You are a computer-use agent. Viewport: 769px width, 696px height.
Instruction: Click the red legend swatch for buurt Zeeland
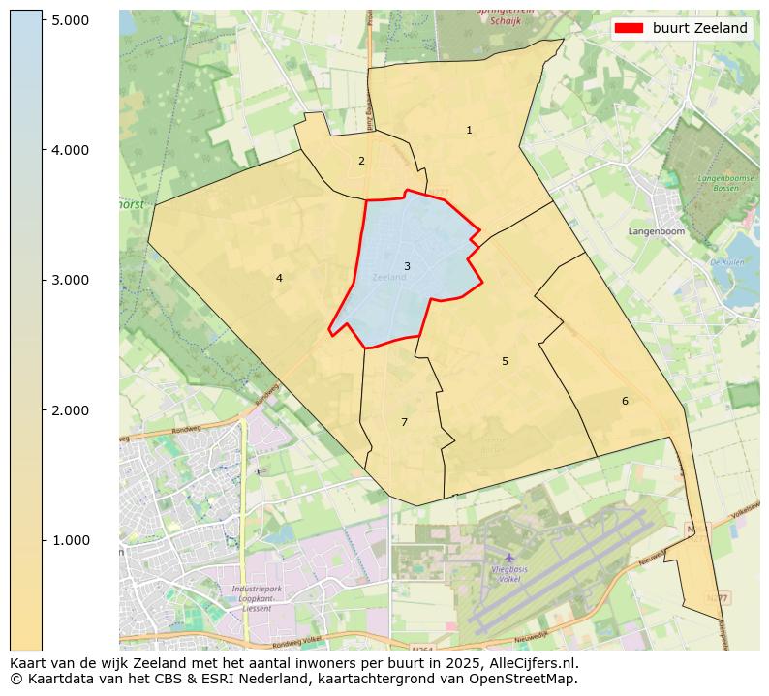pos(630,28)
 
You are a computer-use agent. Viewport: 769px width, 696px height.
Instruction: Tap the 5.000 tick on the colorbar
pos(70,20)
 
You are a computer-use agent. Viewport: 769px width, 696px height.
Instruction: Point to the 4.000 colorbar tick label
pos(70,150)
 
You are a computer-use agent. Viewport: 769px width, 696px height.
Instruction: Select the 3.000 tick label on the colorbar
pos(70,280)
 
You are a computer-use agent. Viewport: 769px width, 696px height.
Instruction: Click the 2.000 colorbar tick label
pos(70,410)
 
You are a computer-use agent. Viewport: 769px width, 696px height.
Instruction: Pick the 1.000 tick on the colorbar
pos(70,540)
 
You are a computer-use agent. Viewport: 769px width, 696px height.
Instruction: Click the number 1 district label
pos(469,130)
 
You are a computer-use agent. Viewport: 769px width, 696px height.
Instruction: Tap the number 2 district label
pos(361,161)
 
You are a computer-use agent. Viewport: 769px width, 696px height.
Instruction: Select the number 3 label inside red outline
pos(407,266)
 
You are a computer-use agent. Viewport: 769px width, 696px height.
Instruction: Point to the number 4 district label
pos(279,278)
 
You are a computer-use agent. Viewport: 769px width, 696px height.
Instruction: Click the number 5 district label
pos(505,361)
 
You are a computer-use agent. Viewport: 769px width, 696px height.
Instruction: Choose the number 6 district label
pos(625,401)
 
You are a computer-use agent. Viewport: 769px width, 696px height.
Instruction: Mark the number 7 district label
pos(404,422)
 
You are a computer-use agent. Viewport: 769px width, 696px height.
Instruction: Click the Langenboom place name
pos(656,232)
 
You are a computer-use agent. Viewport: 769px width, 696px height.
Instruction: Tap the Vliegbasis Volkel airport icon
pos(509,558)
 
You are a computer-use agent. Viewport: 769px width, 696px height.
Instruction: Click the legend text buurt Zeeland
pos(699,28)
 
